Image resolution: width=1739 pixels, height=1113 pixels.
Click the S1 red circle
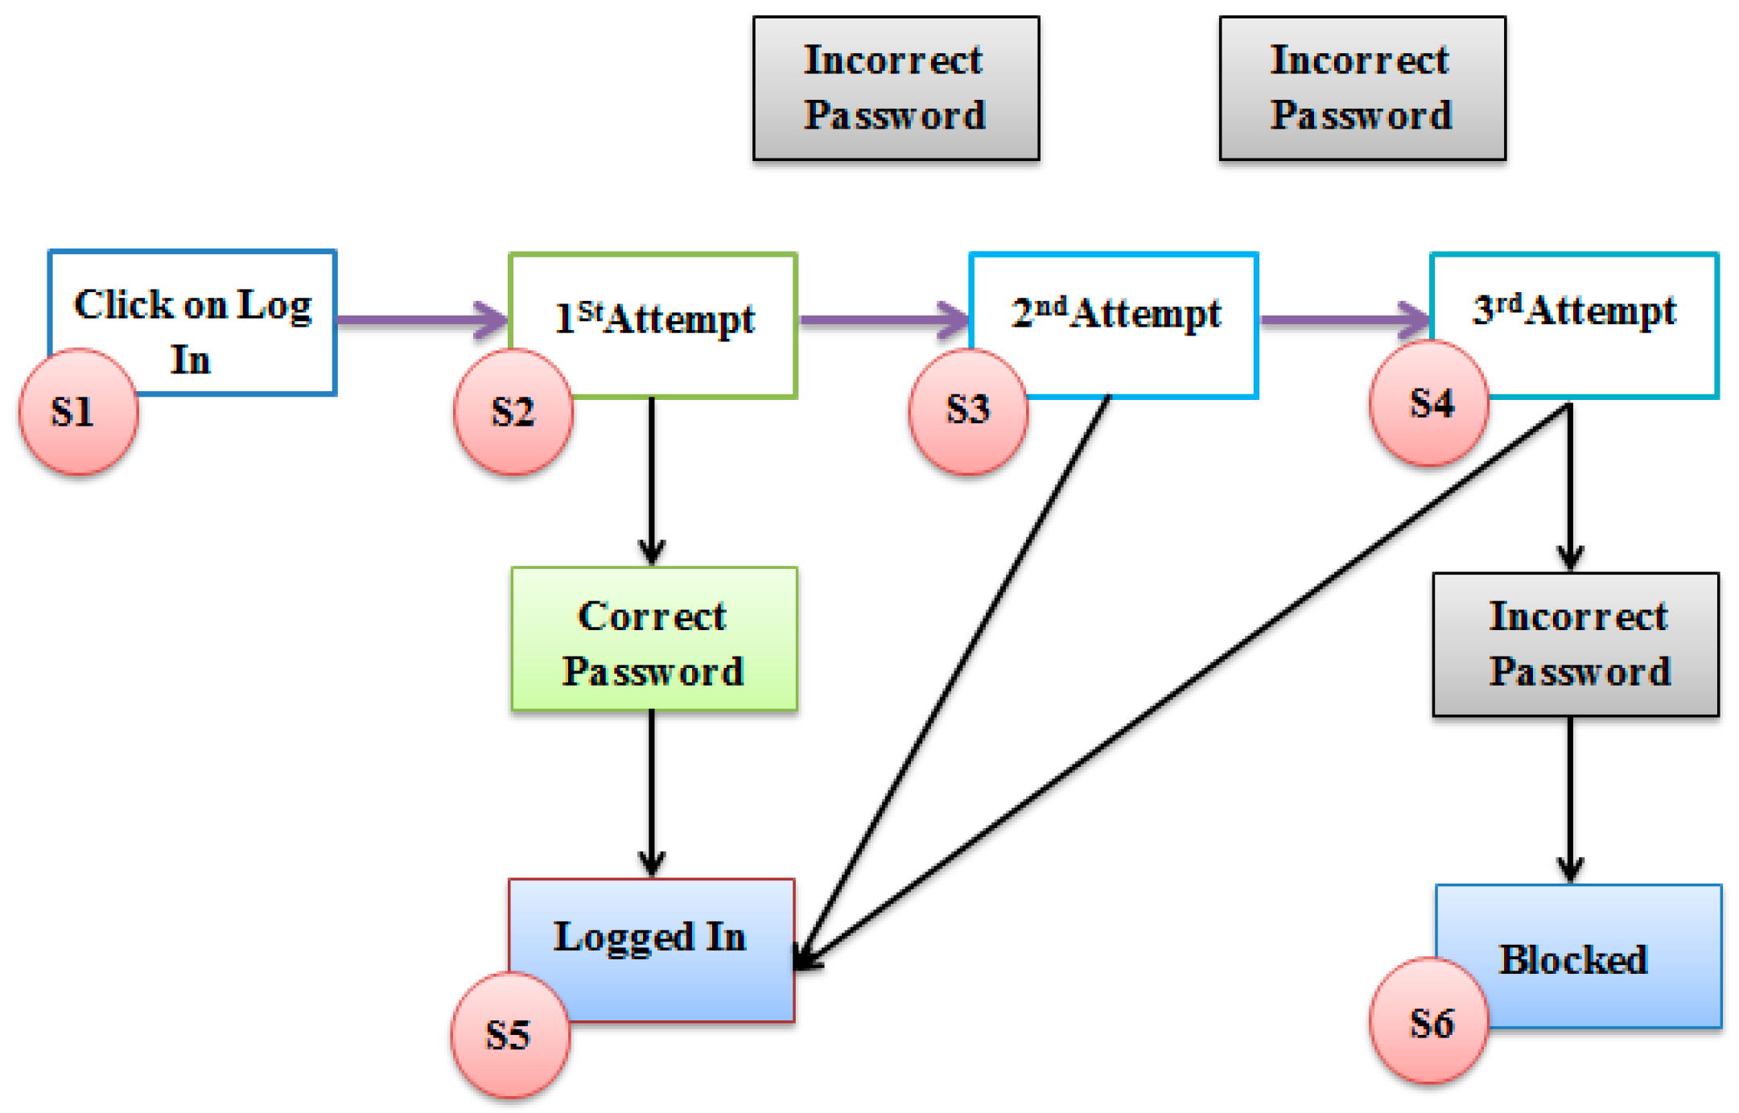click(78, 411)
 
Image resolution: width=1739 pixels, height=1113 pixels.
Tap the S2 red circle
click(513, 411)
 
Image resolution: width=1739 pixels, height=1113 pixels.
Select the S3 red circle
click(968, 410)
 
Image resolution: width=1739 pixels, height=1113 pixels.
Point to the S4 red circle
click(1429, 402)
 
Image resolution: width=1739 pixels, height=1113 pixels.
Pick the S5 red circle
click(510, 1034)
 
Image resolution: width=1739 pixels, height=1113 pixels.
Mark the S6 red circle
click(1429, 1022)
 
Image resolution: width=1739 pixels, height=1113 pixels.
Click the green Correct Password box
click(653, 640)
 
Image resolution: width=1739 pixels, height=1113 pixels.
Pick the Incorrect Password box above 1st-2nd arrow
click(896, 89)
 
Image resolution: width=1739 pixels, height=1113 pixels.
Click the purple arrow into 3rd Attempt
click(1344, 320)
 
